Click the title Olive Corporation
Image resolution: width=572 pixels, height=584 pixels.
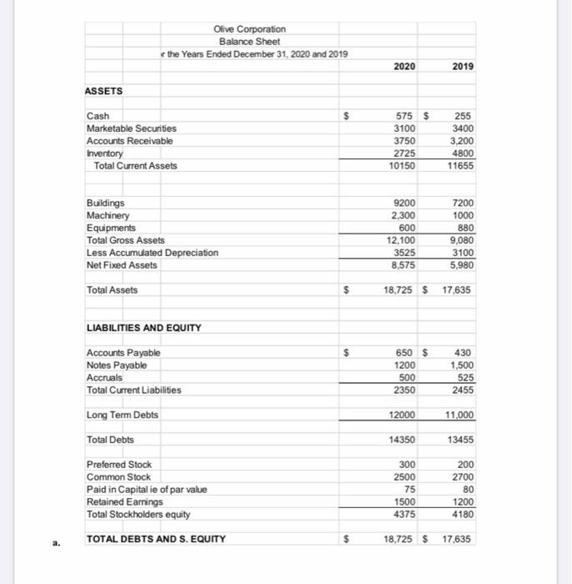pyautogui.click(x=250, y=28)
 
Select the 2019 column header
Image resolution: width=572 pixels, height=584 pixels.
pyautogui.click(x=462, y=66)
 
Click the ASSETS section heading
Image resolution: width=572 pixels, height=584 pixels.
pyautogui.click(x=104, y=91)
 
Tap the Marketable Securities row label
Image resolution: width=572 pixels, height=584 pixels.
pyautogui.click(x=132, y=128)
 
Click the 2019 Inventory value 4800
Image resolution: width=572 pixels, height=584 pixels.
pyautogui.click(x=462, y=154)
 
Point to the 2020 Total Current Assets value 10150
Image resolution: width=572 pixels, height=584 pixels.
pyautogui.click(x=403, y=166)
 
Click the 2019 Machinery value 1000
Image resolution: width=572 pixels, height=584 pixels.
pyautogui.click(x=463, y=215)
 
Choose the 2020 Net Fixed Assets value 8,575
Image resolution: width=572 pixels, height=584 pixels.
pyautogui.click(x=404, y=265)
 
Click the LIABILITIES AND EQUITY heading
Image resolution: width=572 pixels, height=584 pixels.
pyautogui.click(x=144, y=328)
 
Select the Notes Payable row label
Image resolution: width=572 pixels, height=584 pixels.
pyautogui.click(x=117, y=365)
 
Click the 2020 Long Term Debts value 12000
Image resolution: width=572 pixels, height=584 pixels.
pyautogui.click(x=403, y=415)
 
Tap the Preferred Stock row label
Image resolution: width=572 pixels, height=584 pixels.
pyautogui.click(x=119, y=465)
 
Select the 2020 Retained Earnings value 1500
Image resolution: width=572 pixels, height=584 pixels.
pyautogui.click(x=405, y=501)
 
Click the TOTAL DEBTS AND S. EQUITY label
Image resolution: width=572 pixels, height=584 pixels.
pyautogui.click(x=157, y=539)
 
